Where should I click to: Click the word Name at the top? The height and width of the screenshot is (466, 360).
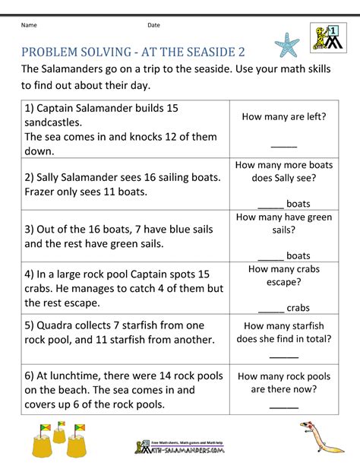pyautogui.click(x=29, y=25)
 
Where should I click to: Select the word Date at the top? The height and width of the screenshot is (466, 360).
pyautogui.click(x=154, y=25)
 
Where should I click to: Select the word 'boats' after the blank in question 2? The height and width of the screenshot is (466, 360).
pyautogui.click(x=298, y=204)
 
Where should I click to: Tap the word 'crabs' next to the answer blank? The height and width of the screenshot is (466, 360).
pyautogui.click(x=298, y=308)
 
